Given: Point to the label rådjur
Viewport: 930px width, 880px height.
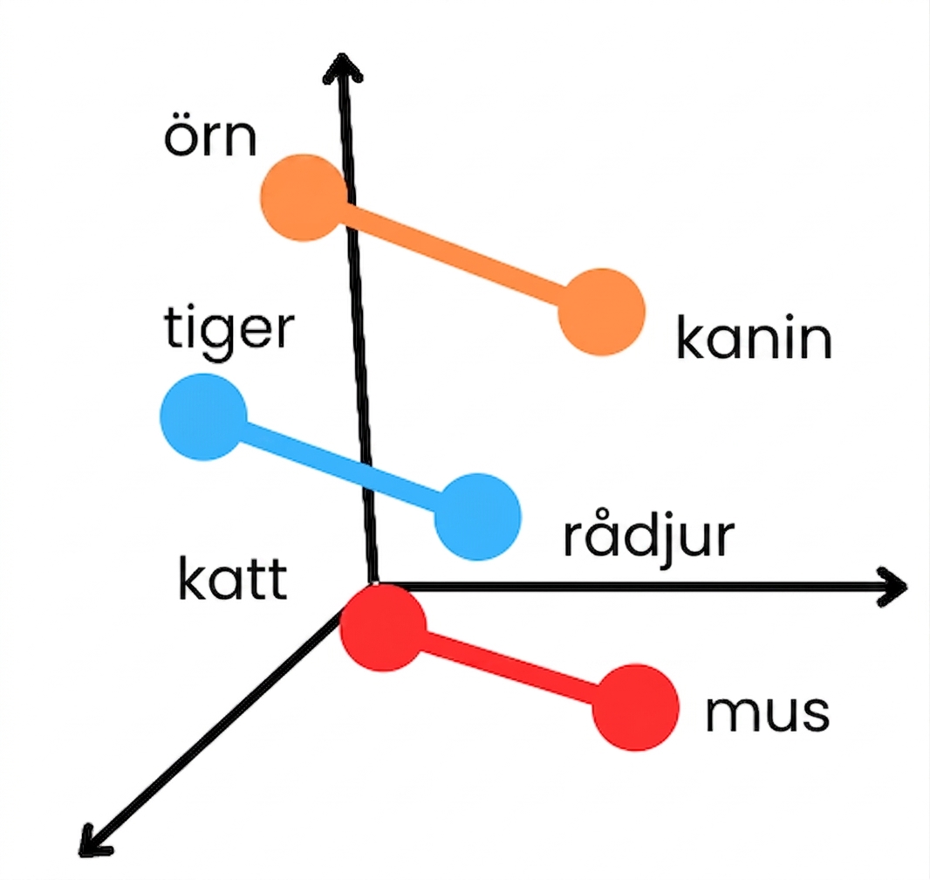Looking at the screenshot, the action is [648, 536].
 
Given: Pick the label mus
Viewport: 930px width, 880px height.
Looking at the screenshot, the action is [768, 712].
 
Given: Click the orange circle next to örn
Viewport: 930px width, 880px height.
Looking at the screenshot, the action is [304, 197].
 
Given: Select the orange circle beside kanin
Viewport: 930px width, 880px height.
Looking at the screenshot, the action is [601, 313].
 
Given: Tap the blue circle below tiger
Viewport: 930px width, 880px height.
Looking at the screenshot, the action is [203, 417].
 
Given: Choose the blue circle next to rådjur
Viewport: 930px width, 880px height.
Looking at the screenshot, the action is [477, 517].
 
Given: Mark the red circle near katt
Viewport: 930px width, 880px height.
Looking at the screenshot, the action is [383, 628].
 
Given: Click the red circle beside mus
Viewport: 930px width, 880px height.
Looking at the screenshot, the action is [635, 708].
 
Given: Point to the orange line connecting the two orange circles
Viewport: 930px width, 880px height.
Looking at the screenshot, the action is [453, 255].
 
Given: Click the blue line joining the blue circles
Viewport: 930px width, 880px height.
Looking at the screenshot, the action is [340, 467].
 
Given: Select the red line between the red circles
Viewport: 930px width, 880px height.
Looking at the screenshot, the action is [509, 668].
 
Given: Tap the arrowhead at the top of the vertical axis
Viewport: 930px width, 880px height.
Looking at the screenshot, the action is [342, 65].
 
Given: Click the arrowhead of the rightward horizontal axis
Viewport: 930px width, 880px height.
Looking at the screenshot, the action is [892, 587].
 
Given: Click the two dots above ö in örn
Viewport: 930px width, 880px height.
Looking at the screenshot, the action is [181, 121].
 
